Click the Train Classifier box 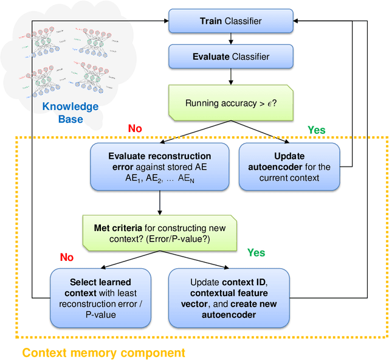[230, 22]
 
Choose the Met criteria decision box [160, 234]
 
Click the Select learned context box [100, 298]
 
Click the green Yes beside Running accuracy [316, 130]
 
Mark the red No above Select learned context [66, 258]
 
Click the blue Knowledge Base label [71, 113]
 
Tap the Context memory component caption [103, 352]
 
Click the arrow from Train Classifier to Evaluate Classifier [230, 39]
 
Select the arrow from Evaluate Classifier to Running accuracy [230, 76]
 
